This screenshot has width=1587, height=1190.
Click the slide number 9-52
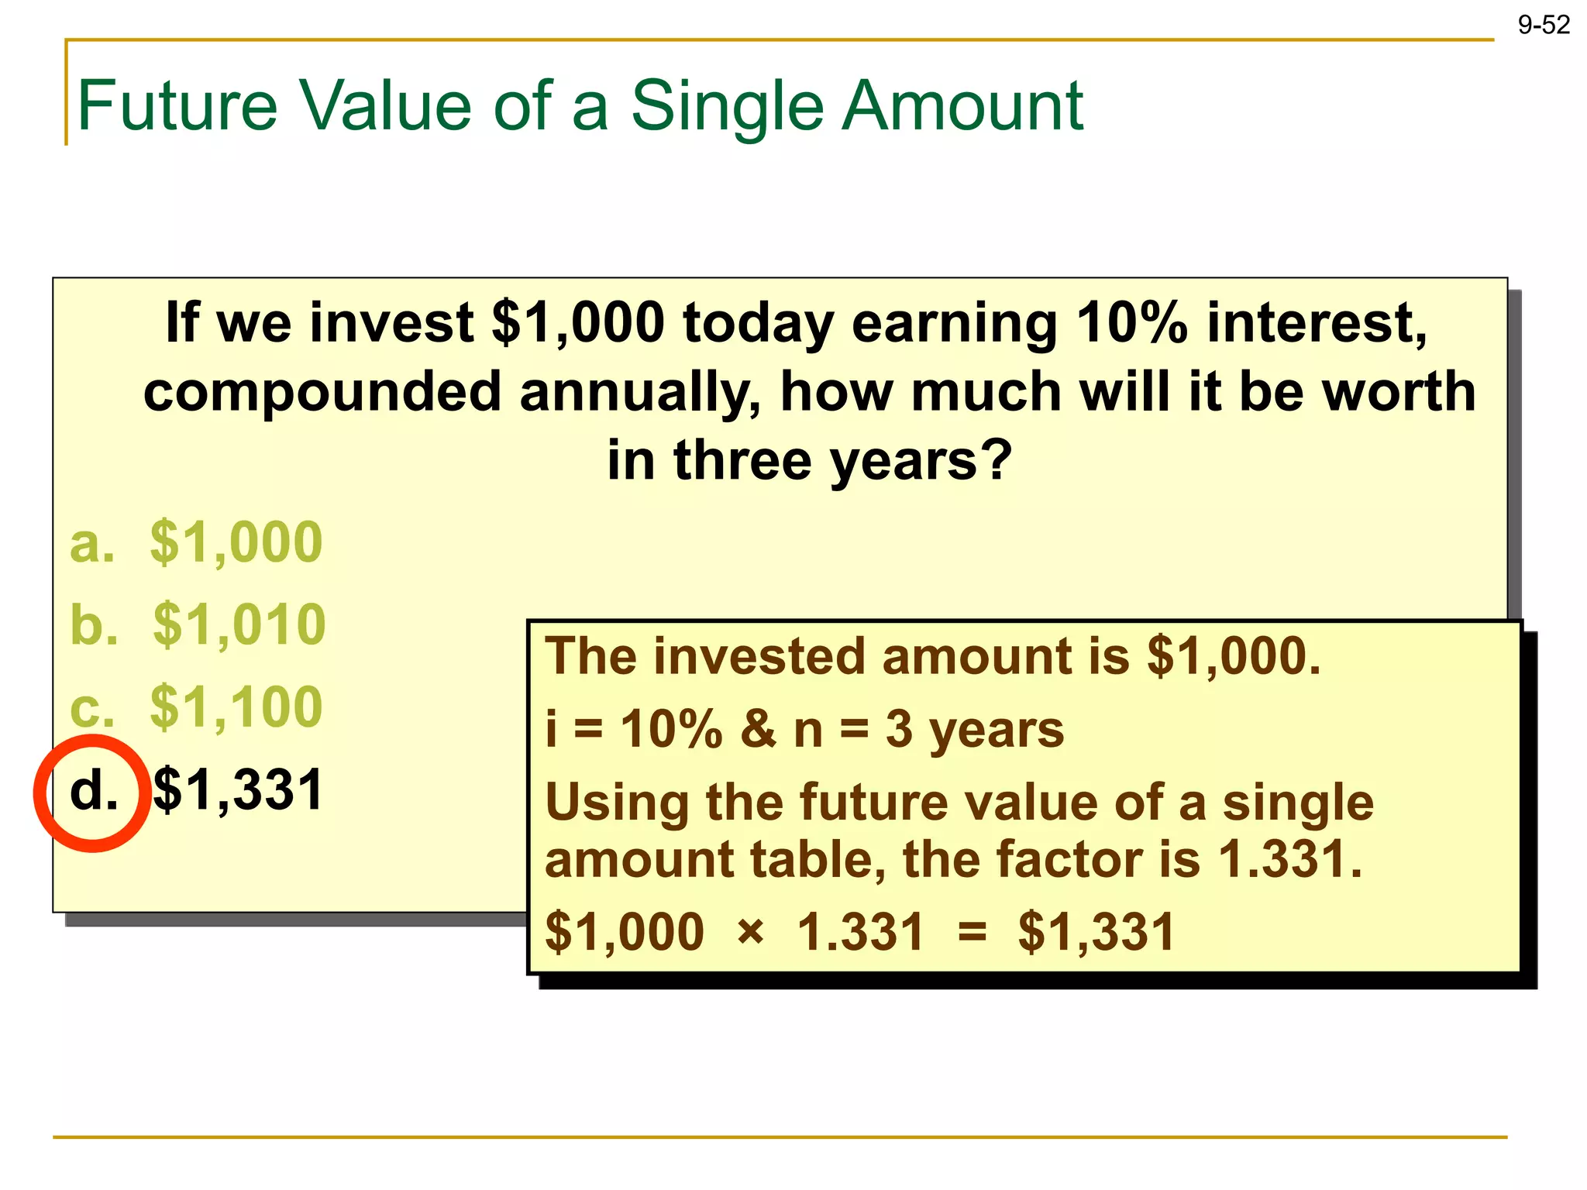pyautogui.click(x=1543, y=26)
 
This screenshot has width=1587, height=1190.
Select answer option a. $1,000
pyautogui.click(x=196, y=542)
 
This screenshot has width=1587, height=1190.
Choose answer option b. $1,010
pyautogui.click(x=198, y=624)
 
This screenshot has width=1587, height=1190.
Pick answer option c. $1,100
pyautogui.click(x=196, y=707)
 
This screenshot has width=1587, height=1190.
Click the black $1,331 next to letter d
pyautogui.click(x=238, y=790)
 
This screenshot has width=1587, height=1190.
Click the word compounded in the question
pyautogui.click(x=322, y=392)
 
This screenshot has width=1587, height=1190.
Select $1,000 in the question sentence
pyautogui.click(x=578, y=322)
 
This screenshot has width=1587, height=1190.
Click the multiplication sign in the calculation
pyautogui.click(x=750, y=930)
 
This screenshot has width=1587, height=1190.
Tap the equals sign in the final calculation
pyautogui.click(x=972, y=930)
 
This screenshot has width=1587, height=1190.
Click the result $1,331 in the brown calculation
pyautogui.click(x=1096, y=930)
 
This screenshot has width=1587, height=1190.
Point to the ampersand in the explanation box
pyautogui.click(x=758, y=730)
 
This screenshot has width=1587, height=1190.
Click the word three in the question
pyautogui.click(x=742, y=460)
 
